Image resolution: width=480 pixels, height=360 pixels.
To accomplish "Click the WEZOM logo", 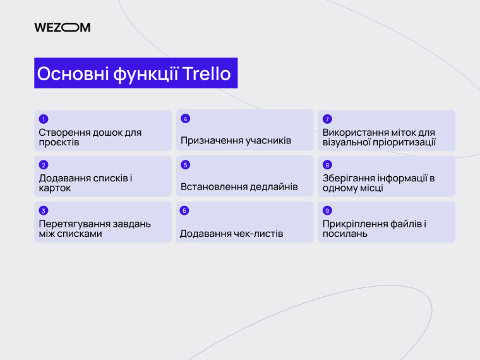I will pyautogui.click(x=63, y=27).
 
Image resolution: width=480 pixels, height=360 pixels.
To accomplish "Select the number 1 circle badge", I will pyautogui.click(x=44, y=119).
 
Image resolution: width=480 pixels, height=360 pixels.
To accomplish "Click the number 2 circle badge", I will pyautogui.click(x=44, y=165).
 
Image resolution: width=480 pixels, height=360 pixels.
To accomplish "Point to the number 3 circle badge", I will pyautogui.click(x=44, y=210).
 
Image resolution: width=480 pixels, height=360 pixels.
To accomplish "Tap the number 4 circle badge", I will pyautogui.click(x=185, y=119).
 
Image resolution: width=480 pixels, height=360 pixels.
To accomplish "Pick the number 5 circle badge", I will pyautogui.click(x=185, y=165).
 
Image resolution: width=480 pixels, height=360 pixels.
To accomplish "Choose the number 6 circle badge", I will pyautogui.click(x=185, y=210).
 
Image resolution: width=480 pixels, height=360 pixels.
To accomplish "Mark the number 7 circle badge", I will pyautogui.click(x=327, y=119).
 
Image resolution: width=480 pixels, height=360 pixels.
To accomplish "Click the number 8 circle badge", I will pyautogui.click(x=327, y=165).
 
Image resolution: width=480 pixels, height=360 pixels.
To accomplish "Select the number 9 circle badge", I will pyautogui.click(x=327, y=210).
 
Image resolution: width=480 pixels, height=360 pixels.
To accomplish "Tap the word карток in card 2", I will pyautogui.click(x=55, y=188).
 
